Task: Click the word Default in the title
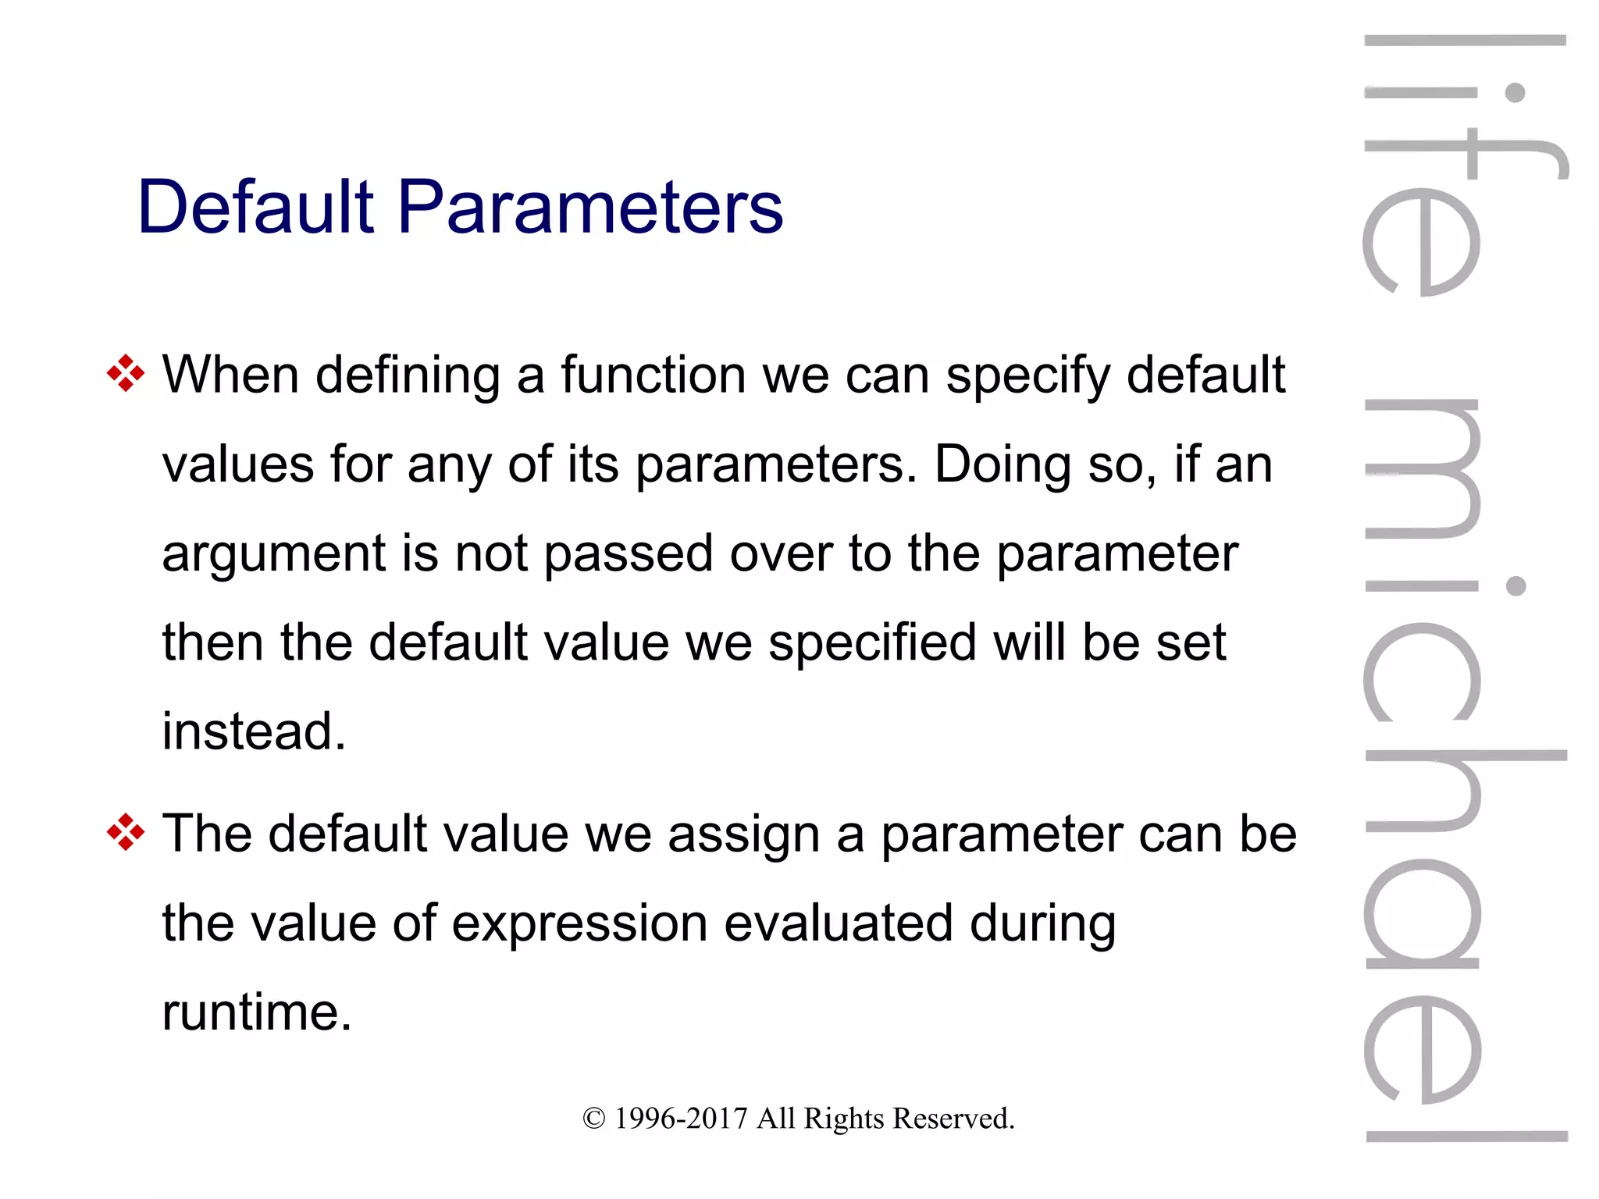tap(256, 207)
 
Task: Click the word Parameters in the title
tap(590, 207)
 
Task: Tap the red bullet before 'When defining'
tap(125, 374)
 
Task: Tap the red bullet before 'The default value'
tap(125, 833)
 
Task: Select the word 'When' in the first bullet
tap(230, 375)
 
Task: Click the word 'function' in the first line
tap(653, 375)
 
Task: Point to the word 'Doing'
tap(1003, 464)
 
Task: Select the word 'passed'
tap(629, 554)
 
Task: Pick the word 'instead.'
tap(254, 731)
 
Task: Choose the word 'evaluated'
tap(839, 923)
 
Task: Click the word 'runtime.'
tap(257, 1012)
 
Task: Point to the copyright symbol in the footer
tap(593, 1119)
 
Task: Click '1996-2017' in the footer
tap(681, 1119)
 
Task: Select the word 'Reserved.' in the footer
tap(953, 1119)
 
